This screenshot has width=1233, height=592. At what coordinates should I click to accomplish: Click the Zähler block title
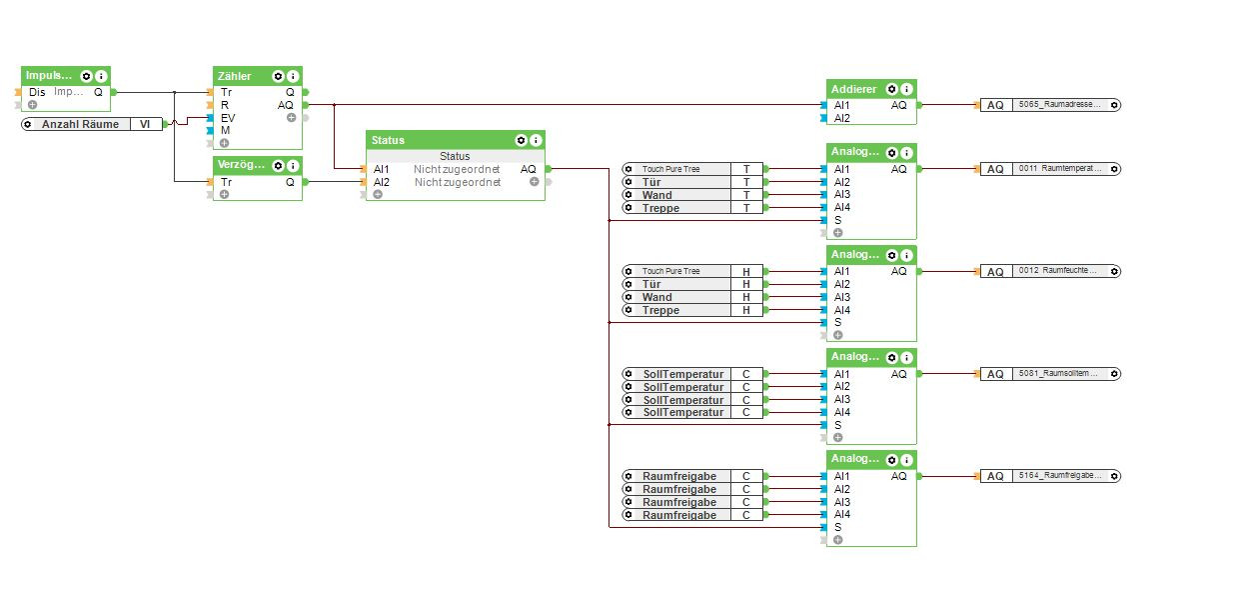pyautogui.click(x=236, y=76)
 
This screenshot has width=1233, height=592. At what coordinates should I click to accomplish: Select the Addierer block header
pyautogui.click(x=853, y=89)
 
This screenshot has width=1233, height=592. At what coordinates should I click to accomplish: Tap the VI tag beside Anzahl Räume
pyautogui.click(x=146, y=124)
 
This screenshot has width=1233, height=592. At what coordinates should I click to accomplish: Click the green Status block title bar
pyautogui.click(x=440, y=140)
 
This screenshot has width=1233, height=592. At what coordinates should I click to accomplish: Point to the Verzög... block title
pyautogui.click(x=241, y=166)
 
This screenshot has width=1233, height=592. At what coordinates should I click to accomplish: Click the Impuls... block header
pyautogui.click(x=49, y=76)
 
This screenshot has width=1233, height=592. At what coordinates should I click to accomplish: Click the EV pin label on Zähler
pyautogui.click(x=228, y=117)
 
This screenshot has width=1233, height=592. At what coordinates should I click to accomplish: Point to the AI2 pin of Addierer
pyautogui.click(x=841, y=118)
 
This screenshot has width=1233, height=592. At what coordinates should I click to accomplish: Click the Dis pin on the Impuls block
pyautogui.click(x=37, y=92)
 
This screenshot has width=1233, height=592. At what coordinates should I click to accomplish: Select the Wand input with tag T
pyautogui.click(x=679, y=195)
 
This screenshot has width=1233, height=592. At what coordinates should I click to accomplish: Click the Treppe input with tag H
pyautogui.click(x=679, y=310)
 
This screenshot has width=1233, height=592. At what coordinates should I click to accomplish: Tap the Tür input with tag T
pyautogui.click(x=679, y=182)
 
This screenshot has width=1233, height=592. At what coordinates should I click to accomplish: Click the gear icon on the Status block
pyautogui.click(x=521, y=140)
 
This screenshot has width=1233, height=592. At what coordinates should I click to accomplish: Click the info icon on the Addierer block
pyautogui.click(x=906, y=89)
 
